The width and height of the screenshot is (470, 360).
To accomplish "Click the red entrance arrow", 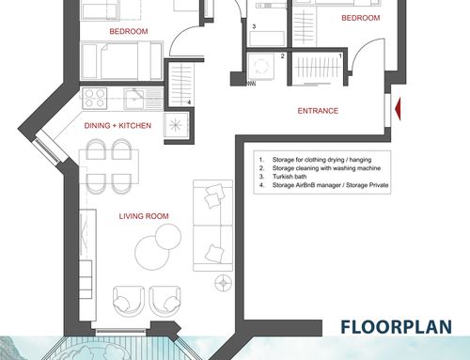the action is [x=399, y=109].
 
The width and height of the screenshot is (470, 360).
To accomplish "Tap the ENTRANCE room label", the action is [x=318, y=111].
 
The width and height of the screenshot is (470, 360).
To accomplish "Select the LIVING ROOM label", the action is [x=144, y=216].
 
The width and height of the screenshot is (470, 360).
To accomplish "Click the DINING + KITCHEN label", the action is [x=117, y=126].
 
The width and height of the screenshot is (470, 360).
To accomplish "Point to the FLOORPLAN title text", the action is [x=396, y=327].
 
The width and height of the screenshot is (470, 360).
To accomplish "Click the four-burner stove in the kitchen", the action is [x=95, y=99].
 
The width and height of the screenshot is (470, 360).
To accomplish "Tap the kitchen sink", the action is [x=134, y=99].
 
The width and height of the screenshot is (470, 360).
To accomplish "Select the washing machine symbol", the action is [x=260, y=67].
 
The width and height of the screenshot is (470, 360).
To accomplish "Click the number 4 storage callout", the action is [x=189, y=102].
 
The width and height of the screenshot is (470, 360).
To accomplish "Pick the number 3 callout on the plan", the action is [x=254, y=26].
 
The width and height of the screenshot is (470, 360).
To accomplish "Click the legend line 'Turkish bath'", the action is [x=283, y=177].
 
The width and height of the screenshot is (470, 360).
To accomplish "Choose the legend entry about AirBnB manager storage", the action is [x=323, y=185].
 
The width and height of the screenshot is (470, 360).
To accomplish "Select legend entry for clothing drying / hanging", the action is [x=315, y=160].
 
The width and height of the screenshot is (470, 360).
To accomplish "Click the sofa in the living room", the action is [x=213, y=226].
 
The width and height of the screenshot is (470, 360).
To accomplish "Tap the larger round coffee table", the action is [x=151, y=253].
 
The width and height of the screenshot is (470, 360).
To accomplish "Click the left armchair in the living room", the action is [x=129, y=300].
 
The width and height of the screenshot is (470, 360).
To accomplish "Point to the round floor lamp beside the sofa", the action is [x=224, y=283].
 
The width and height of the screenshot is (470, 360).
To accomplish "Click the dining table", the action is [x=109, y=166].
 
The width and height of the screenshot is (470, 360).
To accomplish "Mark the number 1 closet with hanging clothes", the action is [x=317, y=69].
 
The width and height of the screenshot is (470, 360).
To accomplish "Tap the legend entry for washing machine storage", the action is [x=320, y=168].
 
